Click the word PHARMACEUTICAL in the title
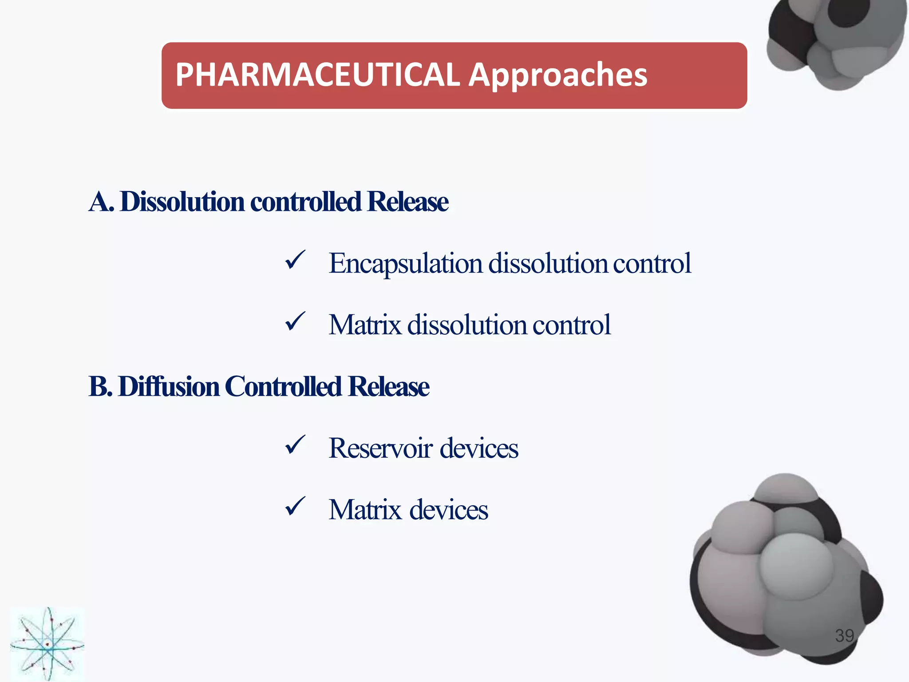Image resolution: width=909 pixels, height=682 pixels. point(317,75)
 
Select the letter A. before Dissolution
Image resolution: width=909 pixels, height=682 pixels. point(101,202)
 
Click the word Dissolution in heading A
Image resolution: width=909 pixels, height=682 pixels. point(182,202)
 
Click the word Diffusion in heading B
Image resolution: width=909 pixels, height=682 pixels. point(169,386)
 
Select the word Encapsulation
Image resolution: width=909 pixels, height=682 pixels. point(405,264)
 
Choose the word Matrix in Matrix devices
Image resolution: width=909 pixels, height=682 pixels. point(365,509)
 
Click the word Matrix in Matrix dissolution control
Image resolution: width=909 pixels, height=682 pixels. point(365,325)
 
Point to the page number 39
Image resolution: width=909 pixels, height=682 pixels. point(844,636)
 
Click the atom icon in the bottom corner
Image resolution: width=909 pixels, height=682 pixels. point(47,644)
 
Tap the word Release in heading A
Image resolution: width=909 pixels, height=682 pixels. point(407,202)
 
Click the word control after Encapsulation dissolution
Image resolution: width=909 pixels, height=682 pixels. point(652,264)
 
